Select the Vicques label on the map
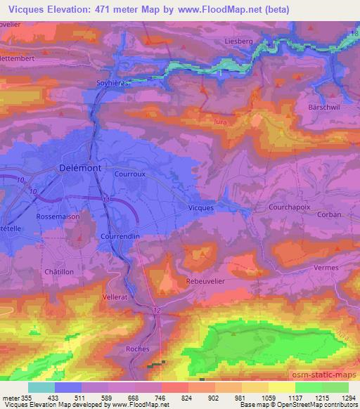click(x=202, y=208)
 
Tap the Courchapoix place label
click(x=288, y=208)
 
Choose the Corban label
click(x=329, y=215)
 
